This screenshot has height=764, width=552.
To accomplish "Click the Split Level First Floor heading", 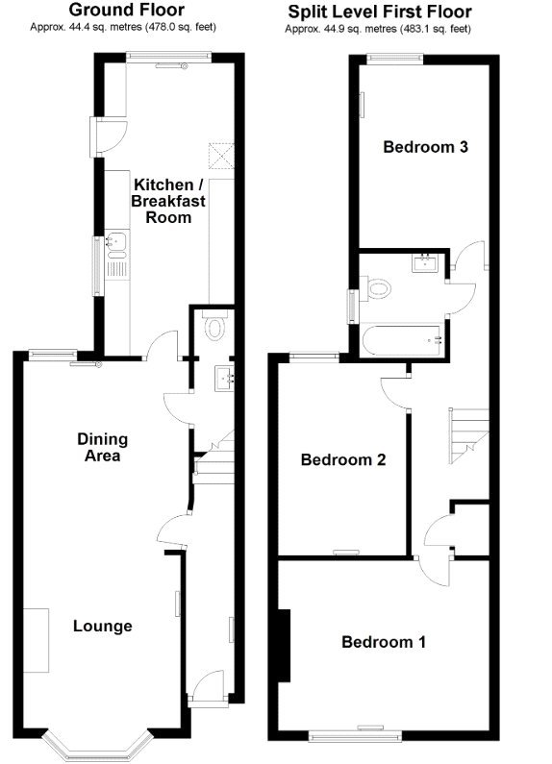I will [x=378, y=12].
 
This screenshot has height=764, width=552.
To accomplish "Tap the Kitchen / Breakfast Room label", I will [x=168, y=201].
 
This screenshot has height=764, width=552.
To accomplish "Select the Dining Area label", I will [x=103, y=447].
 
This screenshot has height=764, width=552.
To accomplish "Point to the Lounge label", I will [x=103, y=626].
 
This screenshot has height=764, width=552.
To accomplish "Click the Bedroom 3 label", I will [x=425, y=147].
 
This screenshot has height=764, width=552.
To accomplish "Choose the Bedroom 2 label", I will [x=343, y=459].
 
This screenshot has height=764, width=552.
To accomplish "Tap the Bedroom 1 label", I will [x=384, y=641].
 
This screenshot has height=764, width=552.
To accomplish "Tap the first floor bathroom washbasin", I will [x=425, y=261].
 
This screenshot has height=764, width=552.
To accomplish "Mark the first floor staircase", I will [x=466, y=434].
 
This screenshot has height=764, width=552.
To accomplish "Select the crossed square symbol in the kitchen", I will [x=223, y=155].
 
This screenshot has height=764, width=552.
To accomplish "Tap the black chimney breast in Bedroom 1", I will [x=284, y=645].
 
